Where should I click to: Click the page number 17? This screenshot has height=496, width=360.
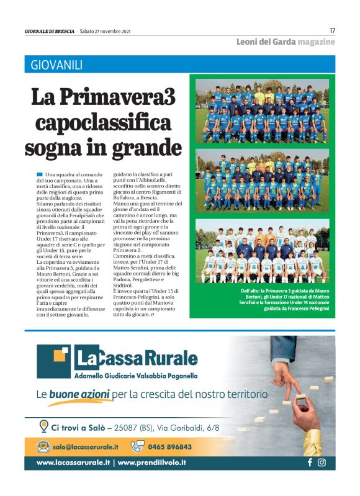pos(332,30)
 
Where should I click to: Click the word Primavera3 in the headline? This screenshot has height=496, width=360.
pos(134,97)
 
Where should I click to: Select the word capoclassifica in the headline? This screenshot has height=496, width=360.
pos(103,122)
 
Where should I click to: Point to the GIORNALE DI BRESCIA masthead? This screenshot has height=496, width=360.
pos(49,31)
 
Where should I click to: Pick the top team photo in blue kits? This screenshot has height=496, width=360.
pos(262,110)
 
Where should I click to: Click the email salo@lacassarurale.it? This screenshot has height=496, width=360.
pos(85,446)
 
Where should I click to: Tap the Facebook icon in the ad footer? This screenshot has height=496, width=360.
pos(309,462)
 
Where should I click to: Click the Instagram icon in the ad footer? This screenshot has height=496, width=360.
pos(322,462)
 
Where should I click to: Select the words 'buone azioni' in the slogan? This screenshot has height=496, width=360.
pos(79,394)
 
